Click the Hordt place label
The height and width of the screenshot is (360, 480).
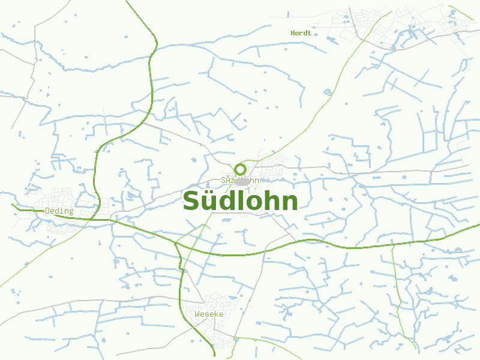pyautogui.click(x=301, y=33)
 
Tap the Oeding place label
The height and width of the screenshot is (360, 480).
pyautogui.click(x=59, y=211)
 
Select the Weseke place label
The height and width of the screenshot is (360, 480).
pyautogui.click(x=209, y=314)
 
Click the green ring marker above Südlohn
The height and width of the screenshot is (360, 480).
pyautogui.click(x=241, y=169)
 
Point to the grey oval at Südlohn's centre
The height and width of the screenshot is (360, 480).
pyautogui.click(x=242, y=181)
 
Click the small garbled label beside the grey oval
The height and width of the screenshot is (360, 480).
pyautogui.click(x=229, y=180)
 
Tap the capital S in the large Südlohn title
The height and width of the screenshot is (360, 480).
pyautogui.click(x=191, y=201)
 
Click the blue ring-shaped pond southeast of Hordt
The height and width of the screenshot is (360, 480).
pyautogui.click(x=327, y=92)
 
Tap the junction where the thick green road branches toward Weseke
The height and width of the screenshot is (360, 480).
pyautogui.click(x=176, y=243)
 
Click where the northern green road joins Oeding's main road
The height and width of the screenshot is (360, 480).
pyautogui.click(x=96, y=217)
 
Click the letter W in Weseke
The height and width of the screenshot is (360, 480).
pyautogui.click(x=197, y=314)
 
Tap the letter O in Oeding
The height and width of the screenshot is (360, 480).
pyautogui.click(x=47, y=211)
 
